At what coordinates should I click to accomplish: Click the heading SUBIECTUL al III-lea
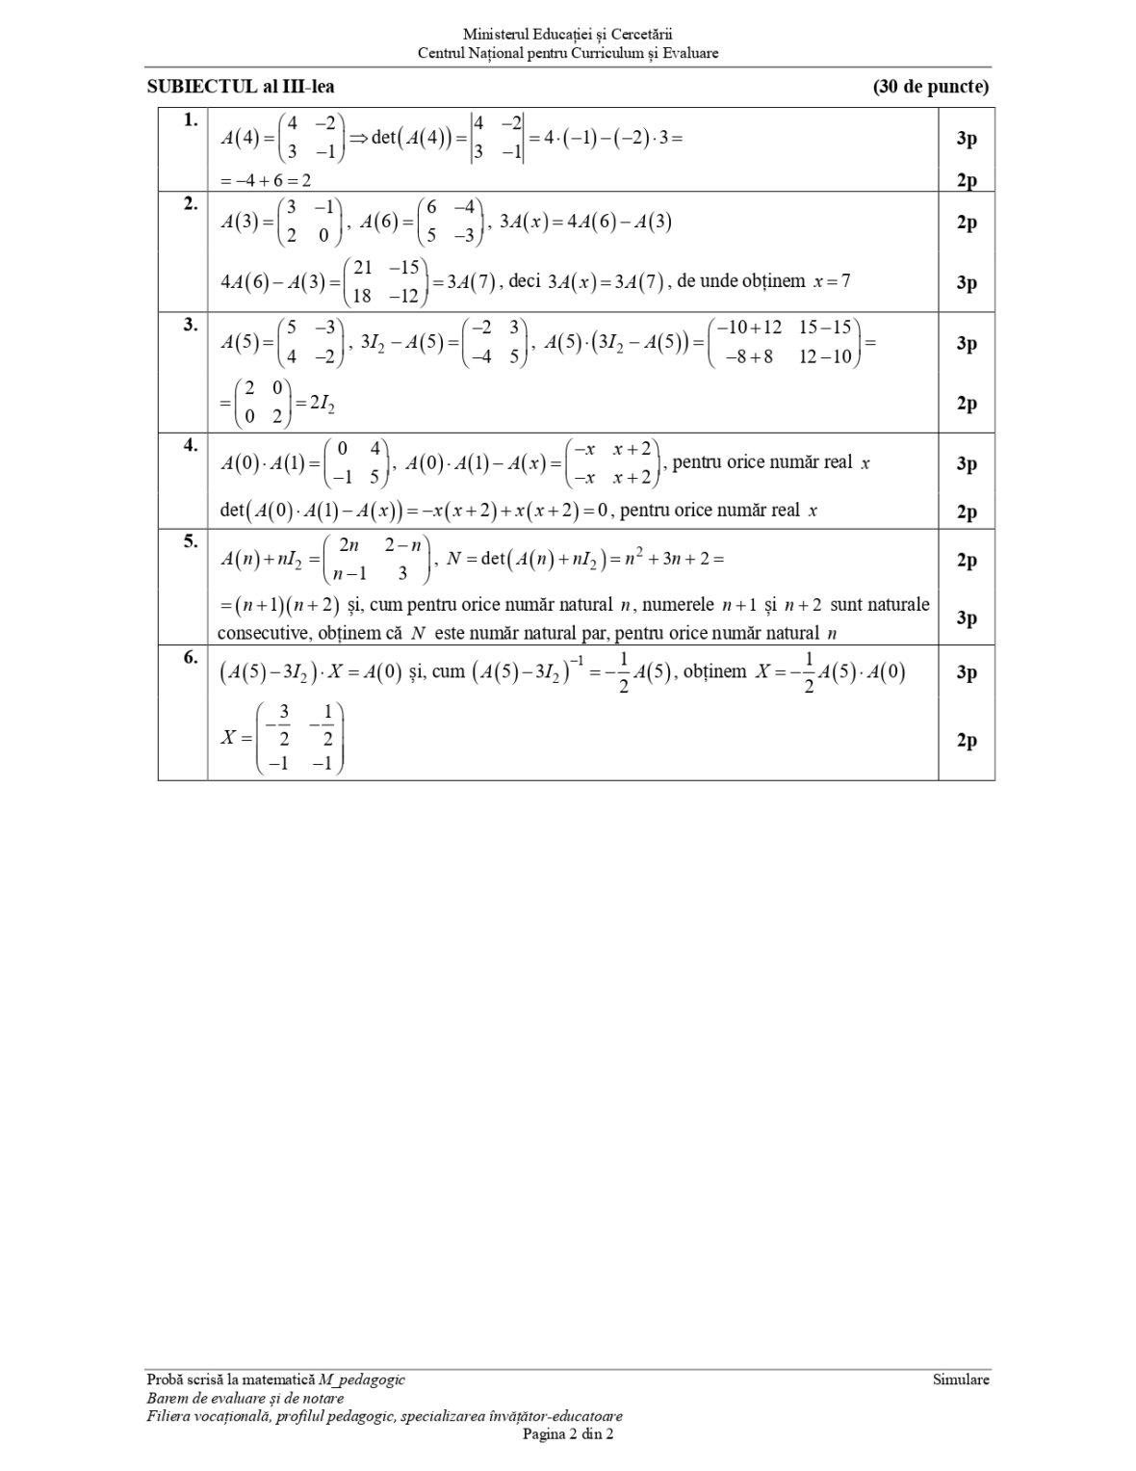241,87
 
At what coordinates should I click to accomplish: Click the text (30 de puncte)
930,87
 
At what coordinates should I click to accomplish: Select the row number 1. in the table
191,119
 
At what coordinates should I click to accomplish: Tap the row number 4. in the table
191,445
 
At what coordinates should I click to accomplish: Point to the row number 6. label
191,657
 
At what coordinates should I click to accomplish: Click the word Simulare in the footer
960,1379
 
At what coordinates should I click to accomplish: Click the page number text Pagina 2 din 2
568,1433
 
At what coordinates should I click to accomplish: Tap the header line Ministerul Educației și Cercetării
568,35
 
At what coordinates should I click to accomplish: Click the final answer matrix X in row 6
297,739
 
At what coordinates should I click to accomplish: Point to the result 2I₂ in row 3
316,404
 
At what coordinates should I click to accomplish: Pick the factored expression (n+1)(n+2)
279,605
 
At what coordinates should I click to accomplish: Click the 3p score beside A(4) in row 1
967,139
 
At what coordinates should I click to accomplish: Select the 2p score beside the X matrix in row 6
967,740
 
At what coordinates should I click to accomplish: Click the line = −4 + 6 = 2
265,180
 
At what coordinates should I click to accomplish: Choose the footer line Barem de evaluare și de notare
245,1398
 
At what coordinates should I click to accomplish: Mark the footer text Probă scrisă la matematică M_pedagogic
276,1379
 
